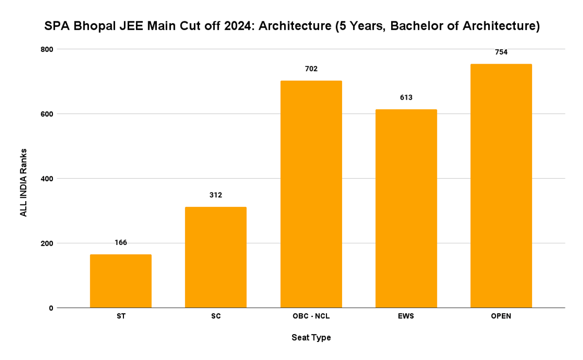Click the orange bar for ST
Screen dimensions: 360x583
pos(120,281)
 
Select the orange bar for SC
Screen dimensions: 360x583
pos(216,257)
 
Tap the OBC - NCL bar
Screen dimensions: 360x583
pos(311,194)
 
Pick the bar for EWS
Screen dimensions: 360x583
pos(406,208)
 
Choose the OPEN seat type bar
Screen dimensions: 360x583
pos(501,186)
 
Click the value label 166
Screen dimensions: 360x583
pos(120,242)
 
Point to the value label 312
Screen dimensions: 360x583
pos(216,195)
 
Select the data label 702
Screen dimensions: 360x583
pos(311,69)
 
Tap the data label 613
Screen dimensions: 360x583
pos(406,98)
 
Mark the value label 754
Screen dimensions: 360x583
pos(501,52)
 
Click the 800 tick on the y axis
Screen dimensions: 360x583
pos(47,49)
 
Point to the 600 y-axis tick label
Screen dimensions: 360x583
pos(47,114)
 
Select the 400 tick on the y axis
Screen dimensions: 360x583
pos(47,178)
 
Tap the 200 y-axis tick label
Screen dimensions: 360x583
pos(47,243)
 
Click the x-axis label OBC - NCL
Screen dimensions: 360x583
pos(311,316)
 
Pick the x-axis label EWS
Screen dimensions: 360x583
pos(406,316)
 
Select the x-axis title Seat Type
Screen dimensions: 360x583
pos(311,338)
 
